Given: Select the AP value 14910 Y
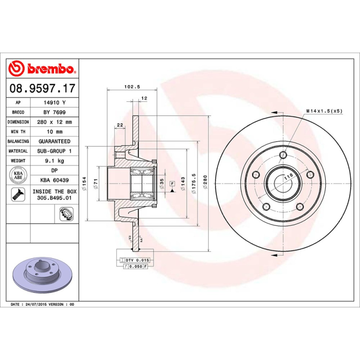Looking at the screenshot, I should pos(54,103).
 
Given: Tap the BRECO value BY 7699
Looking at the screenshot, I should pos(54,112).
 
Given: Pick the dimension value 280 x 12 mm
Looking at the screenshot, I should pos(54,122).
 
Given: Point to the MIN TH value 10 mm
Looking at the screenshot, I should pos(54,132).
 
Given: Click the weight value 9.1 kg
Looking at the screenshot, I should pos(54,161).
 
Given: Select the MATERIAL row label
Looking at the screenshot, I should pos(18,151).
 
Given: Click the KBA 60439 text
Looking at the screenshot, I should pos(54,180).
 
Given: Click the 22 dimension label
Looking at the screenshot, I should pos(120,125).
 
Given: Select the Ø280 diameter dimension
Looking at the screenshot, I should pos(205,184).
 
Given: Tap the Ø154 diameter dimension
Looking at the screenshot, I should pos(84,183).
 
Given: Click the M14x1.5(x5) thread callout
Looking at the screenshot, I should pos(324,111).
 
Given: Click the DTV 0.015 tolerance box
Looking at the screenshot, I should pos(135,260).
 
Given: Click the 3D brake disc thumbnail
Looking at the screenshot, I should pos(41,275).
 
